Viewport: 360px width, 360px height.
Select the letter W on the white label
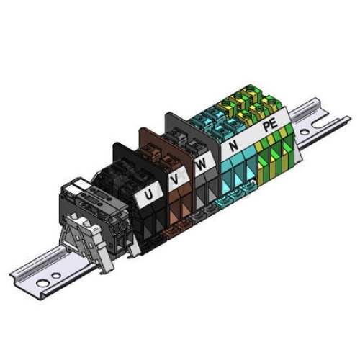coord(201,164)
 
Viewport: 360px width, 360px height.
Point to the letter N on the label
coord(233,145)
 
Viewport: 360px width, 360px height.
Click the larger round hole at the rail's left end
coord(42,284)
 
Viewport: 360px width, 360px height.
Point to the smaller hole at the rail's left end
coord(56,276)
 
